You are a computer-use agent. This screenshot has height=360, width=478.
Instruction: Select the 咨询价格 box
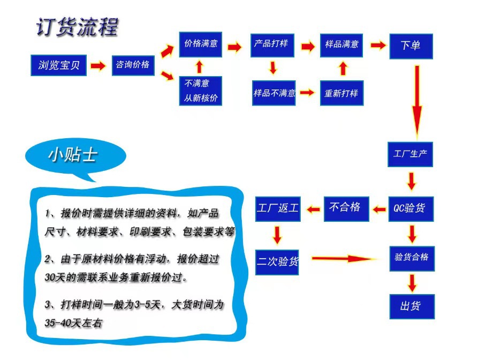(133, 65)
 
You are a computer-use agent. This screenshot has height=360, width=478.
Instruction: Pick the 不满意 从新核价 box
(200, 91)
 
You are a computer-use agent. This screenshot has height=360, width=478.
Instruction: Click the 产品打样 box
(271, 44)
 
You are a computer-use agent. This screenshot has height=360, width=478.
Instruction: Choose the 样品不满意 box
(275, 93)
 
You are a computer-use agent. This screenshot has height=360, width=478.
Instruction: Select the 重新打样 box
(341, 93)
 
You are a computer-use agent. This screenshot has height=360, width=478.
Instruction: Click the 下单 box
(411, 46)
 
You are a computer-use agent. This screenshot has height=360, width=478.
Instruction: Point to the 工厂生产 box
(410, 154)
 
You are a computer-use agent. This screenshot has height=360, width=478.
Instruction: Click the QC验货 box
(410, 207)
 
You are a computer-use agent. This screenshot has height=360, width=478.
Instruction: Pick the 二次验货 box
(277, 261)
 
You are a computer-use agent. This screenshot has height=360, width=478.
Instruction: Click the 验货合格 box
(411, 257)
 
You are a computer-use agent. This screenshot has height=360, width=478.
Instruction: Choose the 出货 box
(411, 306)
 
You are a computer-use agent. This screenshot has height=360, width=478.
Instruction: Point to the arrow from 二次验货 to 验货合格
(345, 259)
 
